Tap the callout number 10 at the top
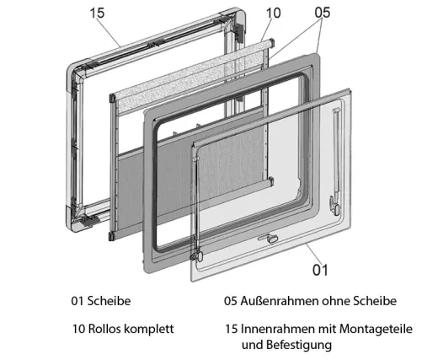(273, 13)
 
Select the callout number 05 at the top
(322, 13)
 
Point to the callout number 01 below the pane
(320, 270)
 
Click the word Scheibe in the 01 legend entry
(110, 301)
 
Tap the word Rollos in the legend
(108, 329)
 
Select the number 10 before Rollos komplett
(79, 329)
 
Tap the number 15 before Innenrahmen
(232, 329)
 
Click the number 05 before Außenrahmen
(232, 301)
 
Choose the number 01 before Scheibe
(79, 301)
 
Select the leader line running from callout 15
(118, 32)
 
